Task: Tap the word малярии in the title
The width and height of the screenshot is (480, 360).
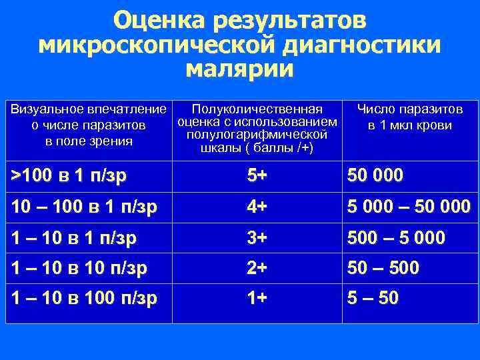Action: [x=240, y=69]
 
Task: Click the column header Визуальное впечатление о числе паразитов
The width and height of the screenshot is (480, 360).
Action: [x=89, y=125]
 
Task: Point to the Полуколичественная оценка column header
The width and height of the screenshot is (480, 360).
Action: [x=257, y=127]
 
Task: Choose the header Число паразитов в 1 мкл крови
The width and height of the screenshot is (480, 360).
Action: [x=409, y=117]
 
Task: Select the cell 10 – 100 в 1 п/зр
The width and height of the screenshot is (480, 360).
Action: [x=85, y=207]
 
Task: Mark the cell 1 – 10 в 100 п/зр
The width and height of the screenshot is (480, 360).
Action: [x=85, y=299]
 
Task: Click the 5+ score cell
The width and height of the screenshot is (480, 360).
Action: [x=257, y=176]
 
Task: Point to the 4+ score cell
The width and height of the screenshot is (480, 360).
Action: [x=257, y=207]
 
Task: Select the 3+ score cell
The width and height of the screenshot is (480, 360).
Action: [x=257, y=237]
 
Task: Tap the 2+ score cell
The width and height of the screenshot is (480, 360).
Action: [x=257, y=268]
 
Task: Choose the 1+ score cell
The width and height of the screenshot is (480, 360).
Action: [x=257, y=299]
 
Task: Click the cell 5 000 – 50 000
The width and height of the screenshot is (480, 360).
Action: [x=408, y=207]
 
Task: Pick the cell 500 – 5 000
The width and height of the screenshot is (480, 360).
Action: [x=396, y=237]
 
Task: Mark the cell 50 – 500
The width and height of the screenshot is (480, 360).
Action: [x=383, y=268]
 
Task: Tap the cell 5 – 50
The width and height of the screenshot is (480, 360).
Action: [x=372, y=299]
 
